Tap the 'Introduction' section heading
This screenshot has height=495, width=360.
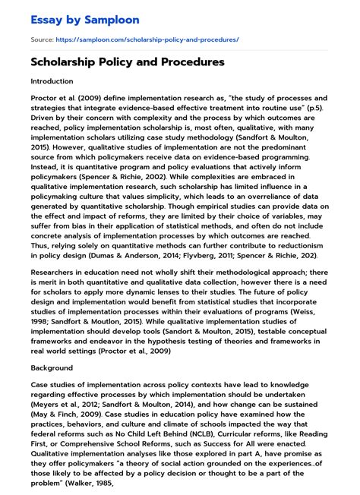point(52,80)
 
